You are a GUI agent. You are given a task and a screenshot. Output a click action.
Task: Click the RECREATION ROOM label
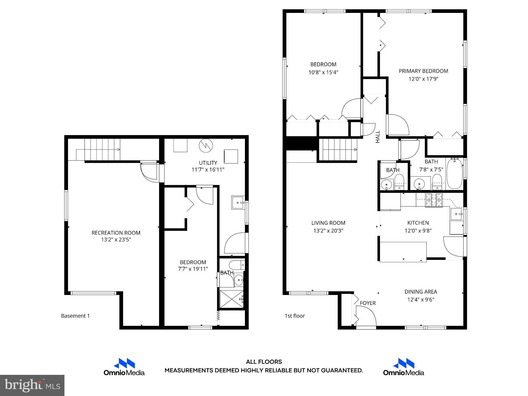pyautogui.click(x=116, y=233)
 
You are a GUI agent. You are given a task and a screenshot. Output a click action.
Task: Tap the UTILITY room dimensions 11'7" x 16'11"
pyautogui.click(x=208, y=170)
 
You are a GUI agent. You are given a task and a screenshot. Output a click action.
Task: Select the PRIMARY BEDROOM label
pyautogui.click(x=423, y=71)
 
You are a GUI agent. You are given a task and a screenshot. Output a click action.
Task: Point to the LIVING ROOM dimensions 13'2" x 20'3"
pyautogui.click(x=328, y=230)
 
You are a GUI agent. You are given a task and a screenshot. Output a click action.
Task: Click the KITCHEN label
pyautogui.click(x=418, y=223)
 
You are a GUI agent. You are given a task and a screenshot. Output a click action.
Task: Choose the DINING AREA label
pyautogui.click(x=420, y=292)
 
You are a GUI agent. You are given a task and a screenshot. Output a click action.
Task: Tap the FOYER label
pyautogui.click(x=368, y=303)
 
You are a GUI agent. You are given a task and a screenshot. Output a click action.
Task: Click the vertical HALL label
pyautogui.click(x=378, y=137)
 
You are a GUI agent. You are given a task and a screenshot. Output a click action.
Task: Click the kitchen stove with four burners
pyautogui.click(x=434, y=200)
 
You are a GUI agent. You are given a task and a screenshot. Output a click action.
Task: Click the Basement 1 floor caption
pyautogui.click(x=75, y=316)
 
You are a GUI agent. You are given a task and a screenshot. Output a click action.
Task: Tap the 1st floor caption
pyautogui.click(x=295, y=316)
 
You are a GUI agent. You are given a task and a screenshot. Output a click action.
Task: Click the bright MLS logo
pyautogui.click(x=32, y=385)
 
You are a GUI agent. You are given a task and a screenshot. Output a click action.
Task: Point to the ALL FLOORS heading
pyautogui.click(x=264, y=362)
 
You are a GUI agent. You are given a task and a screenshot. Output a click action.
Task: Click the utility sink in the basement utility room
pyautogui.click(x=238, y=203)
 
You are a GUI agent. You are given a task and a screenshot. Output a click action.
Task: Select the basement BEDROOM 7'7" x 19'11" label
pyautogui.click(x=193, y=266)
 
